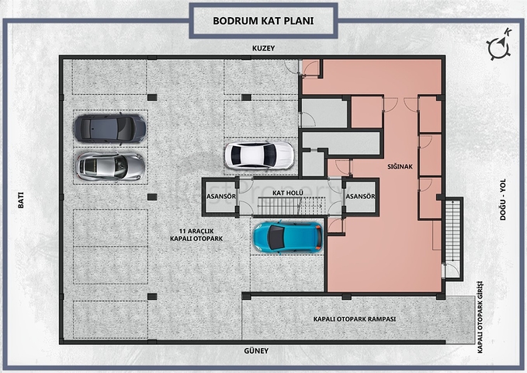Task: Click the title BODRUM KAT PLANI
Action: point(263,20)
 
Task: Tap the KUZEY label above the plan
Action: point(264,48)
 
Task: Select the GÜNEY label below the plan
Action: point(256,350)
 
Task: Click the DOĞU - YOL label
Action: point(503,200)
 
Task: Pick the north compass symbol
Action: point(499,44)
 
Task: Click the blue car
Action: point(288,237)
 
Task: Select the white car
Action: point(259,155)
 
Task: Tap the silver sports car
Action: point(110,166)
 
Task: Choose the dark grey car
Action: point(110,128)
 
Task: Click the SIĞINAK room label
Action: point(400,166)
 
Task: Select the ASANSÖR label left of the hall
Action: point(221,197)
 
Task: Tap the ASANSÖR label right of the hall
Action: point(360,197)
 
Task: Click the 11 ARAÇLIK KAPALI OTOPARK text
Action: point(196,235)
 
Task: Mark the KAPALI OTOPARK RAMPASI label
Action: point(355,319)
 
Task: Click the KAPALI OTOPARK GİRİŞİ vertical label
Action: point(480,317)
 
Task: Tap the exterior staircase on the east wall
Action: point(452,231)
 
